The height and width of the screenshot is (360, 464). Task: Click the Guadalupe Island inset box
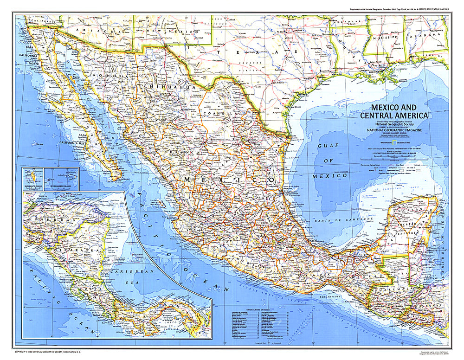[32, 177]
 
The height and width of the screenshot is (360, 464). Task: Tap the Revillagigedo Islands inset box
[61, 177]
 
